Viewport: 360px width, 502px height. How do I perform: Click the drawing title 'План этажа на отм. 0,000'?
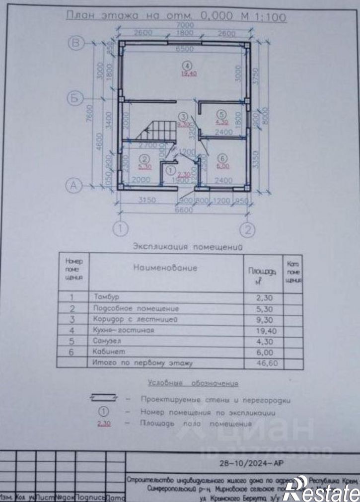coord(176,16)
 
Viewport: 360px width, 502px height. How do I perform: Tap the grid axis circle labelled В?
coord(76,44)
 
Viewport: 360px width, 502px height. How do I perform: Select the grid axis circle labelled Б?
coord(74,99)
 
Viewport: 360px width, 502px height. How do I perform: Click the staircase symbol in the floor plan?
coord(158,133)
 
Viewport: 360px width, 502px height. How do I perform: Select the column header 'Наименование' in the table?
coord(165,268)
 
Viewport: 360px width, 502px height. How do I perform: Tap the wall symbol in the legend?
coord(103,397)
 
